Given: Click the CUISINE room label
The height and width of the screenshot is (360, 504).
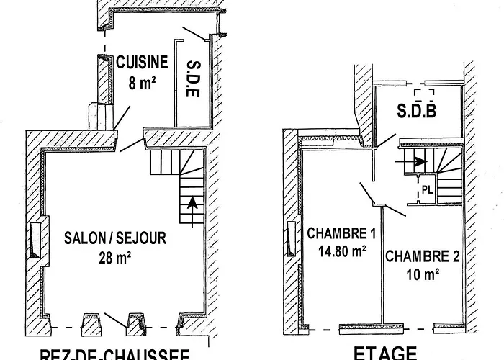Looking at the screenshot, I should click(x=143, y=63).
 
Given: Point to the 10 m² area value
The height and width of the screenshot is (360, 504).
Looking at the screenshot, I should click(x=423, y=274).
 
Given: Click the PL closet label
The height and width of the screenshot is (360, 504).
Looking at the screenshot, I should click(x=427, y=191).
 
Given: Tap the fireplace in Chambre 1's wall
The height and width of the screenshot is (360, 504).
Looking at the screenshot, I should click(x=291, y=238).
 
